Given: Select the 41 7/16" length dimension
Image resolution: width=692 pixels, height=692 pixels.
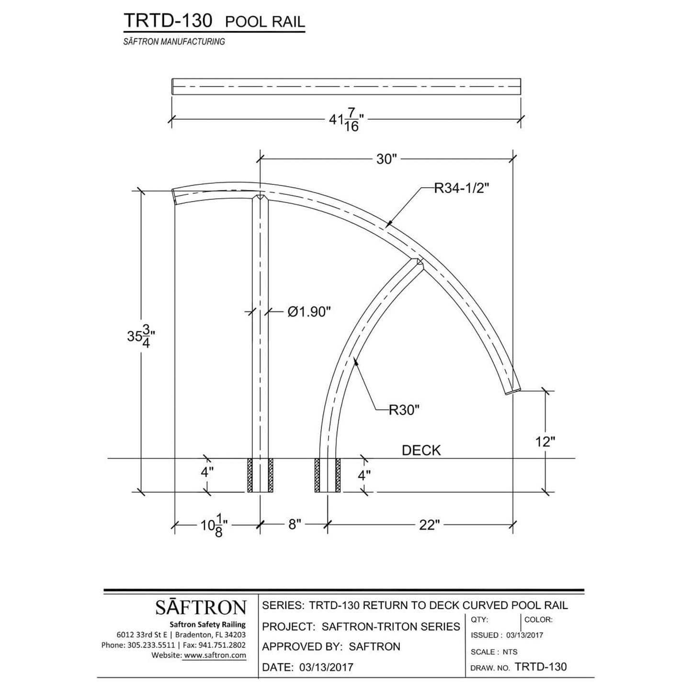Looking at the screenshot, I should click(x=347, y=120).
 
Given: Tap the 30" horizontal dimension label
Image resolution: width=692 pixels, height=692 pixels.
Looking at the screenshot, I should click(x=387, y=159).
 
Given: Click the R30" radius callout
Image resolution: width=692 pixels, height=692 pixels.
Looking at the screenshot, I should click(x=405, y=410).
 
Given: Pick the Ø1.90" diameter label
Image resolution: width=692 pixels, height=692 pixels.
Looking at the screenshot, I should click(x=309, y=312).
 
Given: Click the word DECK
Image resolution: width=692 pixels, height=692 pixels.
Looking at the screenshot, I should click(x=421, y=450).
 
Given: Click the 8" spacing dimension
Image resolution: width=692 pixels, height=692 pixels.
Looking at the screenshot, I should click(x=294, y=525).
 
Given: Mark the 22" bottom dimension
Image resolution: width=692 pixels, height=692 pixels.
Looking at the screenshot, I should click(x=429, y=525).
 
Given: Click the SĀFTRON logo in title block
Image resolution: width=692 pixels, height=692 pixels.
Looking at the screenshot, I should click(x=200, y=607).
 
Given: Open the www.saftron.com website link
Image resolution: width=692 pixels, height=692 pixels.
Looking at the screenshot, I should click(x=214, y=655).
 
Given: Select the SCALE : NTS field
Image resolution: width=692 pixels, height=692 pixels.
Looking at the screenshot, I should click(x=494, y=652).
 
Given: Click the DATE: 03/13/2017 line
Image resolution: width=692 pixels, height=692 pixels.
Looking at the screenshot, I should click(x=307, y=667).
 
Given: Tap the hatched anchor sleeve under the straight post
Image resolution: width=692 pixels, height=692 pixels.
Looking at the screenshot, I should click(x=260, y=475).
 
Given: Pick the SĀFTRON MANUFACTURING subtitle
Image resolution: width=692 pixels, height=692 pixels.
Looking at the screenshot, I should click(x=174, y=42).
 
